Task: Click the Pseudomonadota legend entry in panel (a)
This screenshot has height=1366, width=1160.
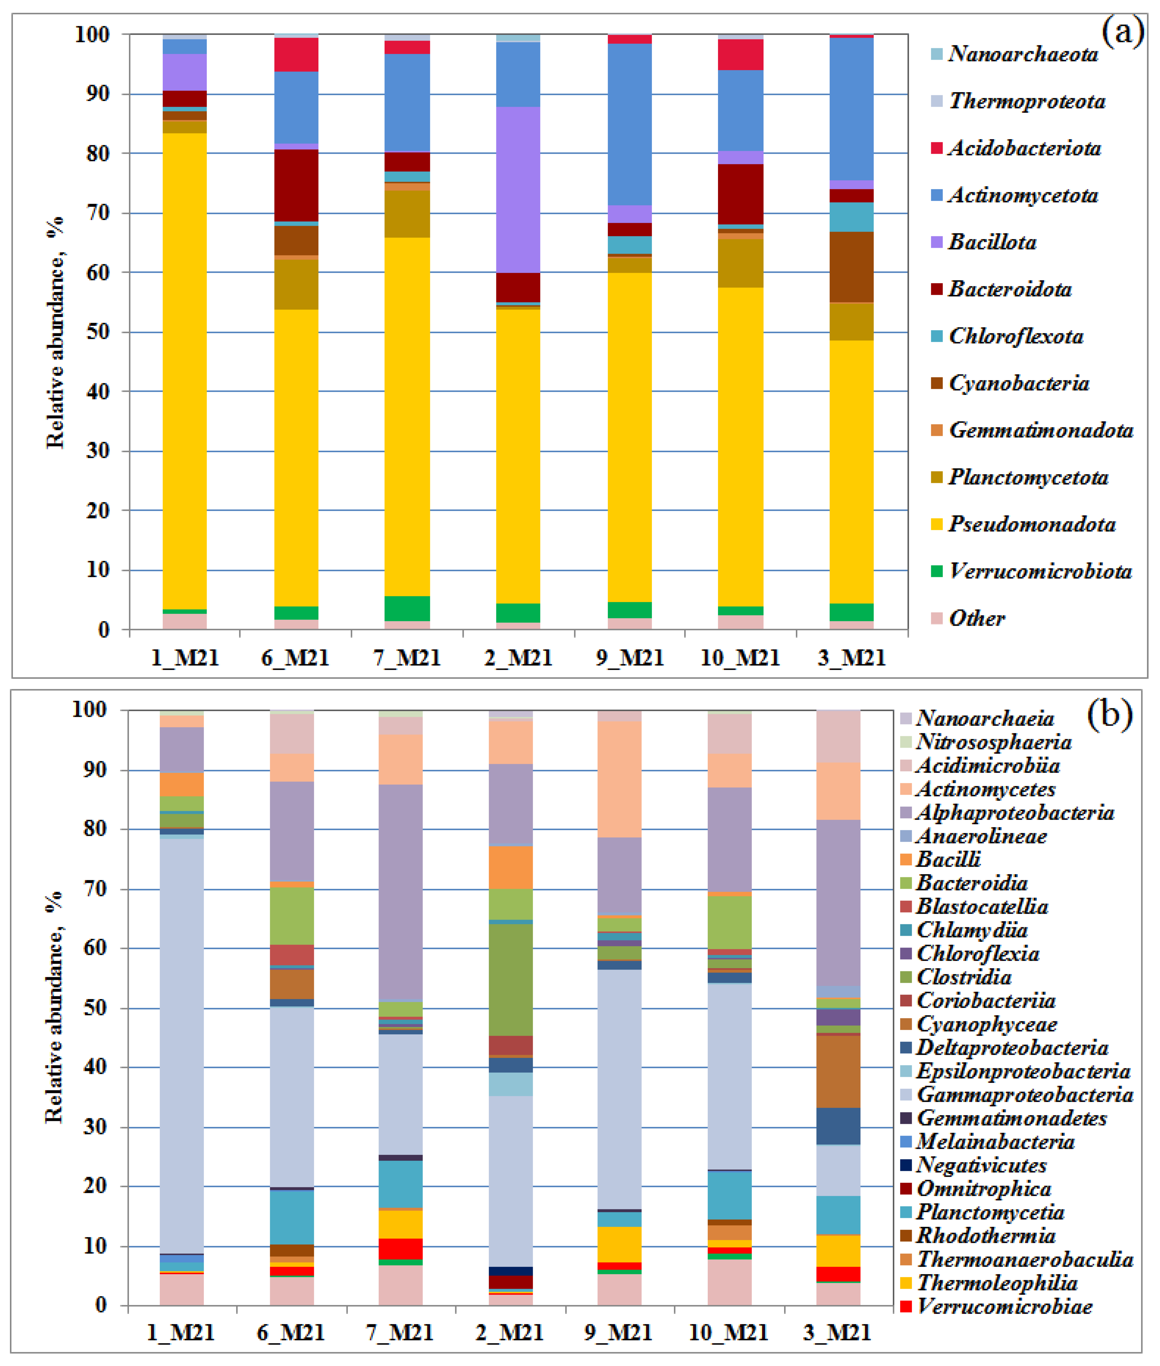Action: click(1031, 524)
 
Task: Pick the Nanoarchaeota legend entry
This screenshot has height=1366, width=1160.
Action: click(1023, 54)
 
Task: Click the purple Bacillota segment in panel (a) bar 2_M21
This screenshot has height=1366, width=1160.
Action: click(518, 190)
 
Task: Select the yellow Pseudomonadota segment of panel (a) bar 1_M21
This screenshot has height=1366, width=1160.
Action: click(185, 369)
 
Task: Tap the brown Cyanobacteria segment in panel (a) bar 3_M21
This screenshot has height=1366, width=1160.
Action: click(852, 267)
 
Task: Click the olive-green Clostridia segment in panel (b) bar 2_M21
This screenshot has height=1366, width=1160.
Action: click(511, 979)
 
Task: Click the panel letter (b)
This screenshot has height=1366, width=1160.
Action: click(1110, 713)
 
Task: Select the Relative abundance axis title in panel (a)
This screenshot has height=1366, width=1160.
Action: click(56, 332)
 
